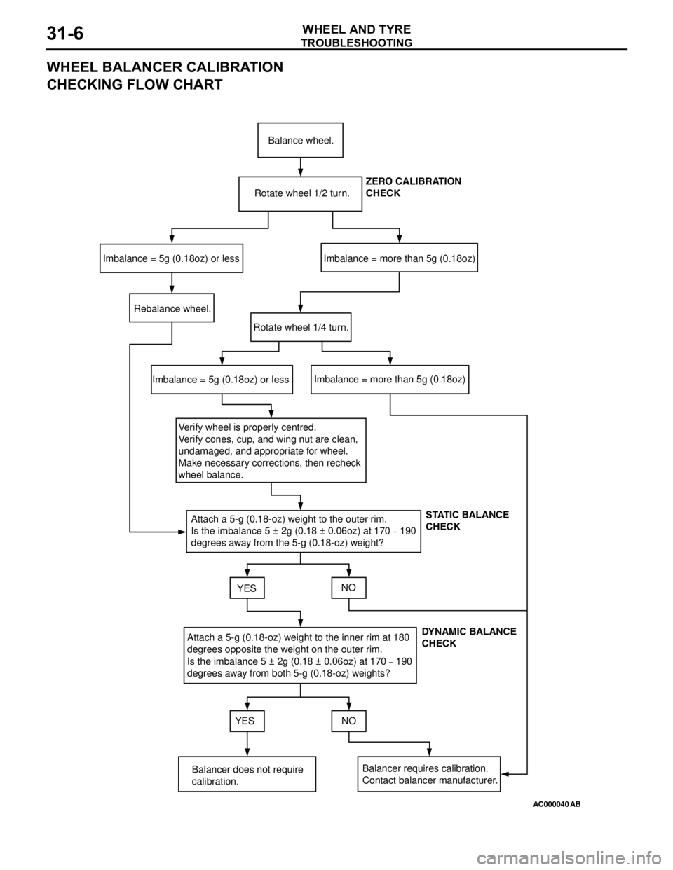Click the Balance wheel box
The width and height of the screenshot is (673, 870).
[x=300, y=140]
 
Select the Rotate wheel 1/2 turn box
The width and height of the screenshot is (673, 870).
[x=300, y=193]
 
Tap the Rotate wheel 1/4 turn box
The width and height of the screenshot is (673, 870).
[x=301, y=327]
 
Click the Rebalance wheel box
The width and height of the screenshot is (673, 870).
[x=172, y=308]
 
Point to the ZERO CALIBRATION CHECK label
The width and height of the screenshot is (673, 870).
[x=414, y=187]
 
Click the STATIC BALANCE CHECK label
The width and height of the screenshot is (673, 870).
[x=467, y=520]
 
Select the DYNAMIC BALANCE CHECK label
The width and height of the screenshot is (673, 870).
[x=468, y=637]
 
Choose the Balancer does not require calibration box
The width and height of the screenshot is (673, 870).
[x=247, y=775]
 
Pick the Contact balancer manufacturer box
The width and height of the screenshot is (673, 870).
[x=430, y=774]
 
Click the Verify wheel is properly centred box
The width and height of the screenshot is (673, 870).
[x=271, y=450]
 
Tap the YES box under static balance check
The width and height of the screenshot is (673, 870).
[x=246, y=588]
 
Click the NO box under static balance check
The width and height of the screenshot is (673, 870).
[x=348, y=588]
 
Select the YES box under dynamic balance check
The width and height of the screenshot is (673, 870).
[x=246, y=720]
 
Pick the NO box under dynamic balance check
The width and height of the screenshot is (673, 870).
[x=348, y=720]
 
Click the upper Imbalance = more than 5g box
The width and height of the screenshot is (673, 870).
[x=399, y=258]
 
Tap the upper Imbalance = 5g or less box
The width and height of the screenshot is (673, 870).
[x=172, y=258]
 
